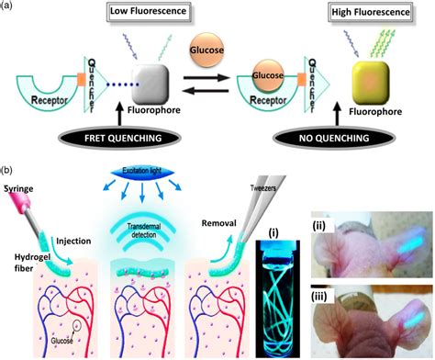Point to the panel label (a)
pyautogui.click(x=8, y=6)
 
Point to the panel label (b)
pyautogui.click(x=8, y=171)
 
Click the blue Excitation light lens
pyautogui.click(x=139, y=174)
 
